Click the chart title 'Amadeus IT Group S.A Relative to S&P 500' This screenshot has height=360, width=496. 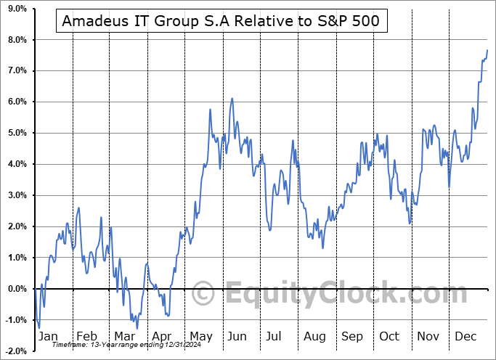(221, 21)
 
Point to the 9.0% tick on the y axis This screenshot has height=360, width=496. (16, 8)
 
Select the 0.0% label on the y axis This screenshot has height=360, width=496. (16, 289)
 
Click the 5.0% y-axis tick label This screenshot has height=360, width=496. (16, 133)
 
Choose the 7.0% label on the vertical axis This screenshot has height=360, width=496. (16, 70)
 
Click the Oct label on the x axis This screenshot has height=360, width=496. (390, 336)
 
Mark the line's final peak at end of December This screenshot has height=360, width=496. (487, 50)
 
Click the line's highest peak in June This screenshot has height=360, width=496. (232, 98)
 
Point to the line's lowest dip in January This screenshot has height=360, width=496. (39, 327)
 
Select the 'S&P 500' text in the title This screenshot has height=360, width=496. (349, 21)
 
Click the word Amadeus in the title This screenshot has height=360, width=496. (92, 21)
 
